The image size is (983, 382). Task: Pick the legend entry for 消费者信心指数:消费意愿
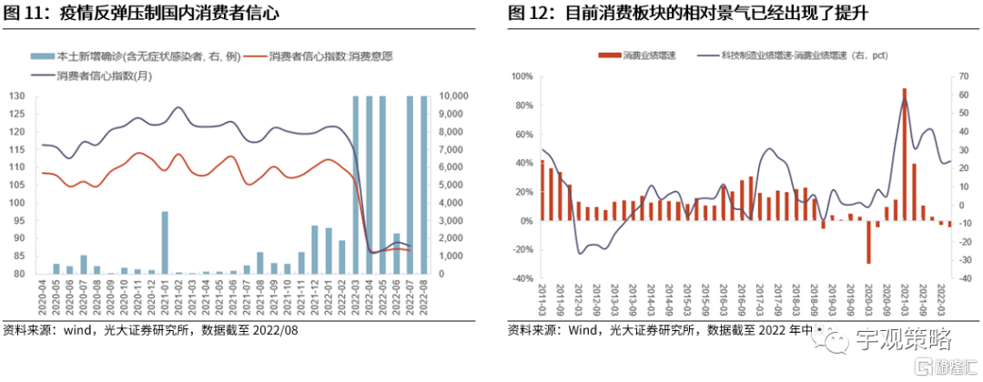tap(331, 56)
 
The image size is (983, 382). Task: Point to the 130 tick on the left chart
tap(16, 95)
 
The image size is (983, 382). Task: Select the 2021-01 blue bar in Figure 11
tap(165, 242)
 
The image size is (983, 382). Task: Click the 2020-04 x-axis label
tap(42, 297)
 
